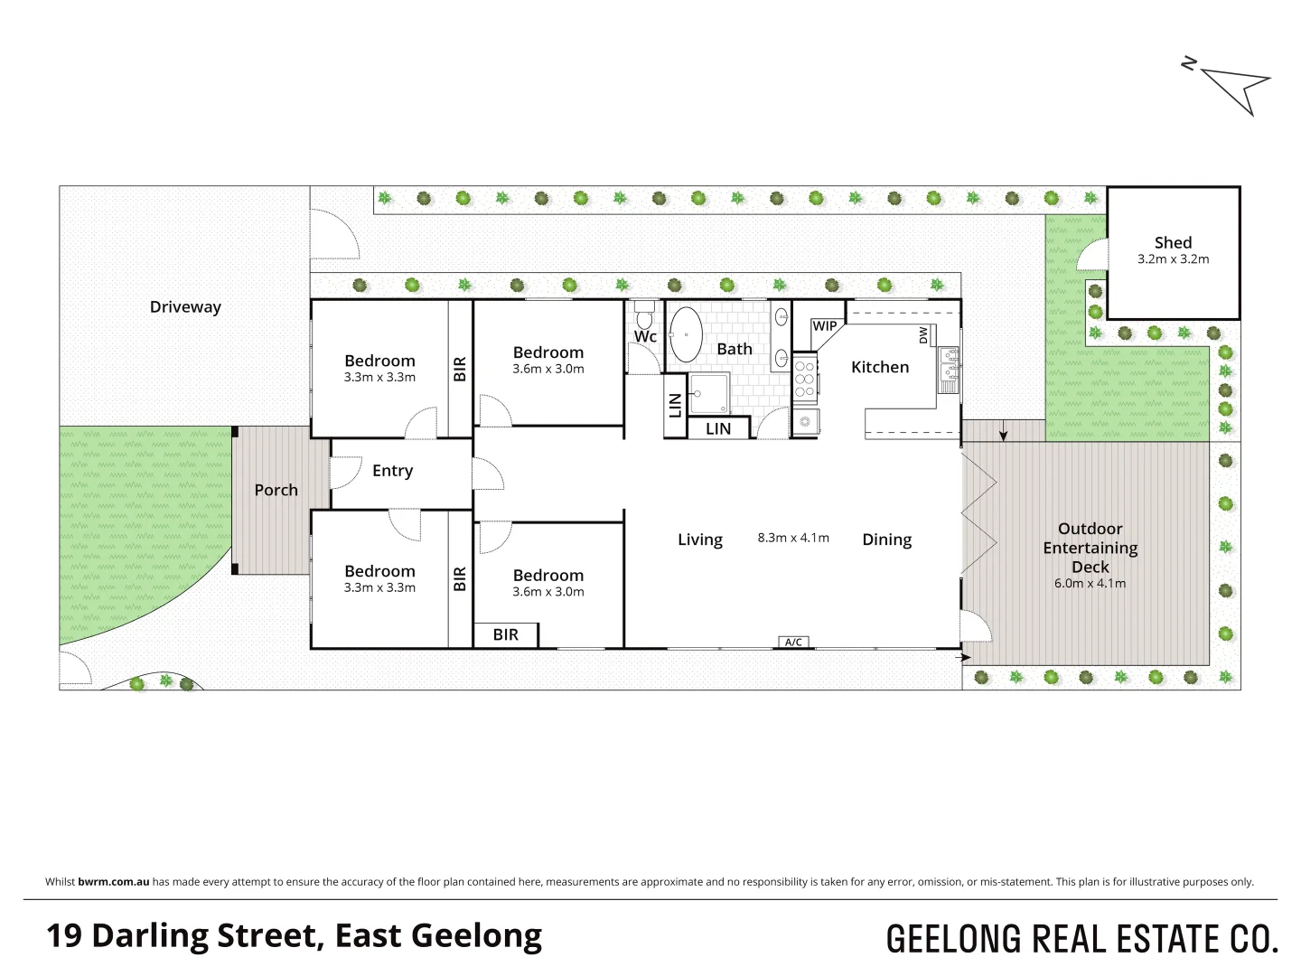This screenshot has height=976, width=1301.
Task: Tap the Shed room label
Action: point(1173,242)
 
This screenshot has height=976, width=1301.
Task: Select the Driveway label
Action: point(185,307)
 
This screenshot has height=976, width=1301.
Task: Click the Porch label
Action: point(276,490)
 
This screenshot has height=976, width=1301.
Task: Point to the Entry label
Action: point(392,471)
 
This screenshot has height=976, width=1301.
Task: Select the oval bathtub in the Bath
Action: point(686,334)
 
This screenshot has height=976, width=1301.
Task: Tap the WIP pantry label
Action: point(824,326)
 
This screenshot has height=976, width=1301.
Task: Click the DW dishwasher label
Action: point(923,335)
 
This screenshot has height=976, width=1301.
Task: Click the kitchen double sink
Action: point(949,365)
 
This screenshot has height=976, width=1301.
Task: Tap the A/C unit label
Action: point(793,643)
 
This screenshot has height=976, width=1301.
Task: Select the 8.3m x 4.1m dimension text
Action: point(793,538)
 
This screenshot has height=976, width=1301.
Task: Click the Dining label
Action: point(886,540)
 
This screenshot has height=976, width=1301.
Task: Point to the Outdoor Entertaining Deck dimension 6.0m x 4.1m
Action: point(1090,584)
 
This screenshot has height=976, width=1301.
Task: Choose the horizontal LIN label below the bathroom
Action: point(718,429)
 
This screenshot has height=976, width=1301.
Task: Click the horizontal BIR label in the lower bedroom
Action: point(506,635)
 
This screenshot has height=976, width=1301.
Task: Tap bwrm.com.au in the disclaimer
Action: point(114,882)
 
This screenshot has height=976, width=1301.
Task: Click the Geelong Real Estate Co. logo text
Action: point(1081,939)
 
